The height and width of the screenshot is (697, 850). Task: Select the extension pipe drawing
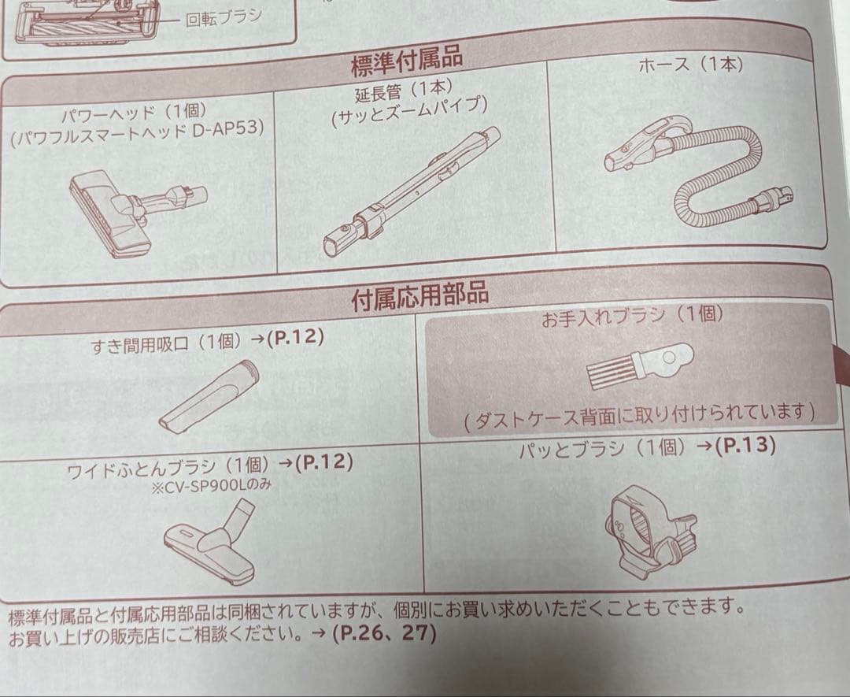coord(411,191)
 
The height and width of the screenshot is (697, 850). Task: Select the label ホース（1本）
coord(690,65)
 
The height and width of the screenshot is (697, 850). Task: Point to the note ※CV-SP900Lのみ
coord(212,485)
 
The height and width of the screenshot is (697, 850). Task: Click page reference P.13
coord(746,446)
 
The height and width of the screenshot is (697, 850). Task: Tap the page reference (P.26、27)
coord(384,633)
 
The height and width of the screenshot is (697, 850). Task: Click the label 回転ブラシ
coord(224,17)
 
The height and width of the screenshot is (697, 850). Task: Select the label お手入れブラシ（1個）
coord(632,316)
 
